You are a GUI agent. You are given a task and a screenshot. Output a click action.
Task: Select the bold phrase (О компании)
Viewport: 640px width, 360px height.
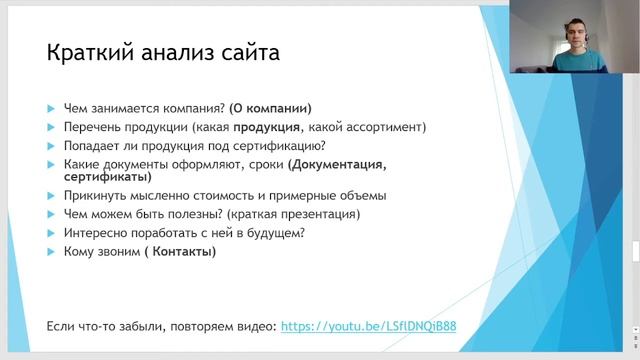(x=271, y=108)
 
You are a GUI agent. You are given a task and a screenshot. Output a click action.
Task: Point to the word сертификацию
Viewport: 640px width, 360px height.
(x=276, y=145)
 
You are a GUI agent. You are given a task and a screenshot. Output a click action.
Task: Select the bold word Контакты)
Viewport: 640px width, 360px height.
(x=180, y=251)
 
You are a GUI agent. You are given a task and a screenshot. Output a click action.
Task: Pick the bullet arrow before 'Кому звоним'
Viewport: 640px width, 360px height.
(x=51, y=252)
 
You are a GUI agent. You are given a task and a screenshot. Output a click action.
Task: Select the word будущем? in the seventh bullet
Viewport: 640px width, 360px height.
(x=276, y=233)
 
